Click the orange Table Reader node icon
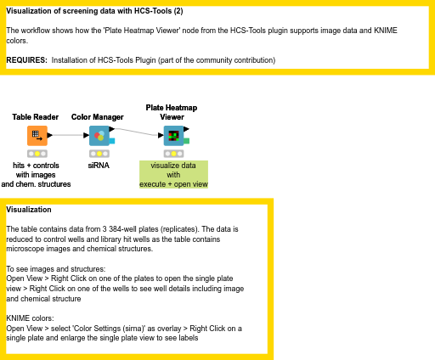[x=37, y=136]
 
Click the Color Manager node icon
[x=99, y=136]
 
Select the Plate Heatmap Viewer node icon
[x=173, y=136]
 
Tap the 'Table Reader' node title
[x=36, y=117]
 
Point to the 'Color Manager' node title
[x=98, y=117]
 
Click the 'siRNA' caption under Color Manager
[x=99, y=166]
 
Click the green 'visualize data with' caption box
[x=173, y=174]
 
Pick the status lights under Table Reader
[x=37, y=154]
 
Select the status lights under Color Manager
[x=99, y=154]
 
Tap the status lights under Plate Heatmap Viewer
[x=173, y=154]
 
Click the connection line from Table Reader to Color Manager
[x=68, y=135]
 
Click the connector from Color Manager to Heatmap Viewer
[x=137, y=132]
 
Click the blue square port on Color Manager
[x=112, y=141]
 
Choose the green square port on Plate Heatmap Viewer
[x=187, y=141]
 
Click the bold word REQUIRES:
[x=26, y=60]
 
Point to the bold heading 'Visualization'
[x=29, y=210]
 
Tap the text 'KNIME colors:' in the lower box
[x=30, y=318]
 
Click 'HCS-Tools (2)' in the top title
[x=159, y=11]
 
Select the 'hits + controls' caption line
[x=36, y=166]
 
